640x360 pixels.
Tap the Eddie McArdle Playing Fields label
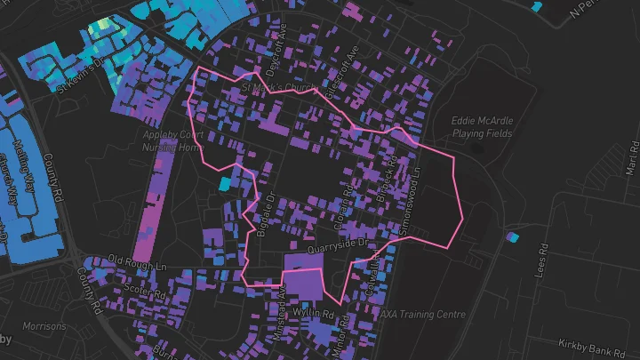pos(481,127)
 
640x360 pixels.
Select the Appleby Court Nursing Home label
pos(172,140)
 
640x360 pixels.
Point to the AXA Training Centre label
pos(422,314)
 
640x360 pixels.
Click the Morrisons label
pos(44,326)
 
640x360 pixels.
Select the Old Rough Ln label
pos(138,264)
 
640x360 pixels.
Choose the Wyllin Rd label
pos(315,314)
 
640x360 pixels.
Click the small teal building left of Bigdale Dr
pos(224,184)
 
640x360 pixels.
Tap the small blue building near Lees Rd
pos(511,237)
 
